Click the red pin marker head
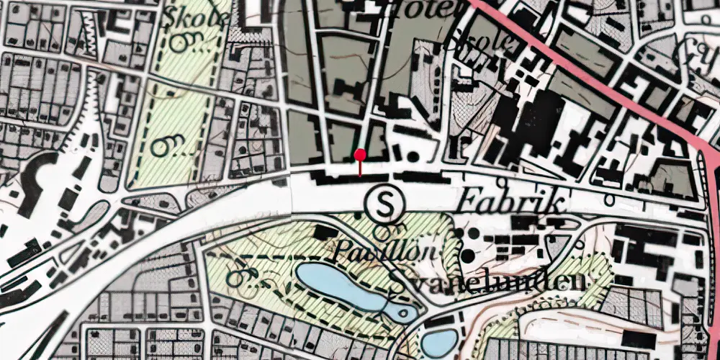point(360,154)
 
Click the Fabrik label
point(509,201)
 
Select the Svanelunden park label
point(487,282)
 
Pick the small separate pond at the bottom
point(438,341)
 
